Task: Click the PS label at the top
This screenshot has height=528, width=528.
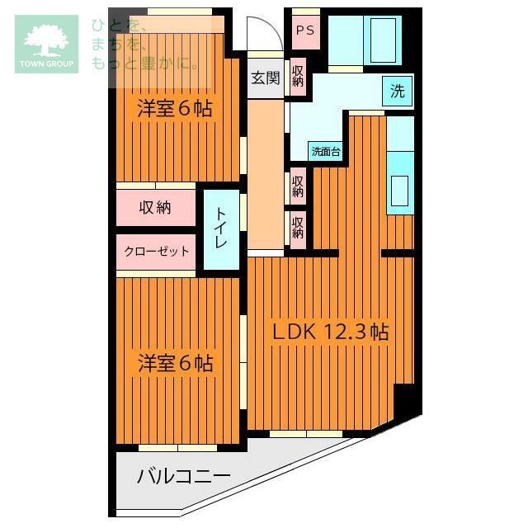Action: (x=305, y=31)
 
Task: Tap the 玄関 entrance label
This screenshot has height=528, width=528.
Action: (x=266, y=79)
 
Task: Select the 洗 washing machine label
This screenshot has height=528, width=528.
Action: (x=398, y=92)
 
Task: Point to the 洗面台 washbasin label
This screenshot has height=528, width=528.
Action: (x=325, y=152)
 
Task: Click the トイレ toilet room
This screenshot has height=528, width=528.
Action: (x=221, y=229)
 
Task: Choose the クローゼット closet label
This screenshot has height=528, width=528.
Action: (x=157, y=252)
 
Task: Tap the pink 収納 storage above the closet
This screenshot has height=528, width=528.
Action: (x=155, y=208)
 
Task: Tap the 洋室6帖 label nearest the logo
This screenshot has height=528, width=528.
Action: (x=175, y=107)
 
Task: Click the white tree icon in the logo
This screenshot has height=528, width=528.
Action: (x=46, y=40)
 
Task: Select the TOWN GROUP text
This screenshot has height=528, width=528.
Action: (x=46, y=64)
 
